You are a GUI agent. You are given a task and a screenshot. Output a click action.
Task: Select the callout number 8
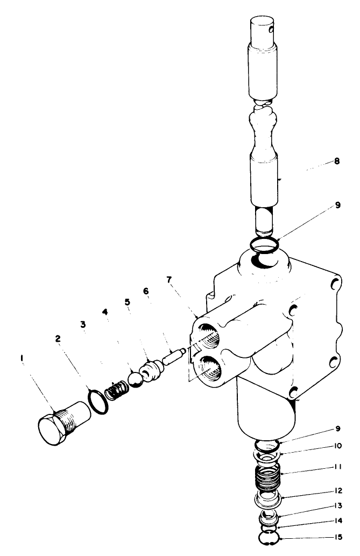click(336, 160)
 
